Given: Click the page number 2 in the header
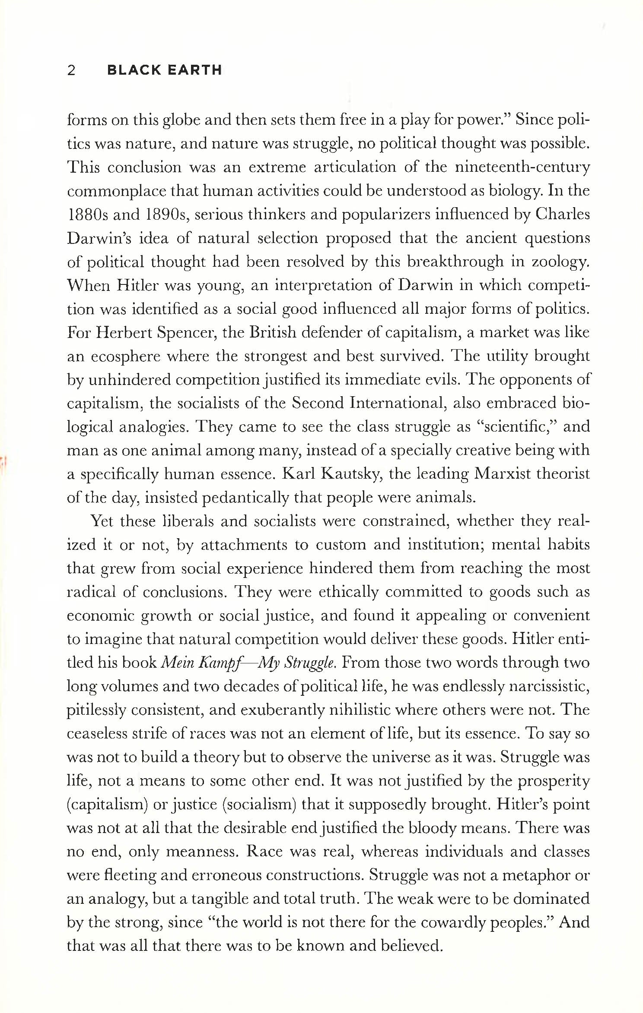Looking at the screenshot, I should (x=72, y=70).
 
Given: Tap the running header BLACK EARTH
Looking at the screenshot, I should (x=165, y=70).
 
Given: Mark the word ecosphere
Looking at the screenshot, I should (x=125, y=357).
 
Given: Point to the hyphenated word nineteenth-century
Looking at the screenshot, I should (x=522, y=167).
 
